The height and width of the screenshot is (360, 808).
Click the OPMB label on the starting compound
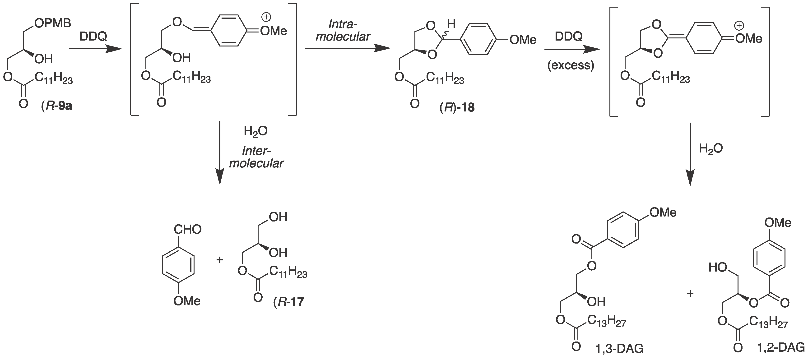pyautogui.click(x=53, y=23)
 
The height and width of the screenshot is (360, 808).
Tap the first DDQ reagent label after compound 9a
pyautogui.click(x=93, y=37)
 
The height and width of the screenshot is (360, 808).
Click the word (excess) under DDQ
pyautogui.click(x=571, y=65)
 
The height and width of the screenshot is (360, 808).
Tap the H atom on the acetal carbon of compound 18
pyautogui.click(x=451, y=24)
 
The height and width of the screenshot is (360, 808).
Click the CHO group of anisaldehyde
pyautogui.click(x=188, y=230)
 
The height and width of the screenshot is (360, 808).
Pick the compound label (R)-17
pyautogui.click(x=288, y=302)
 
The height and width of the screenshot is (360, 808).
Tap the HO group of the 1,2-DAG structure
pyautogui.click(x=718, y=268)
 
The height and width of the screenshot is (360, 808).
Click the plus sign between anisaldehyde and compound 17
pyautogui.click(x=220, y=260)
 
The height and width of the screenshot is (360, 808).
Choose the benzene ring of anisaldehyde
pyautogui.click(x=178, y=265)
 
